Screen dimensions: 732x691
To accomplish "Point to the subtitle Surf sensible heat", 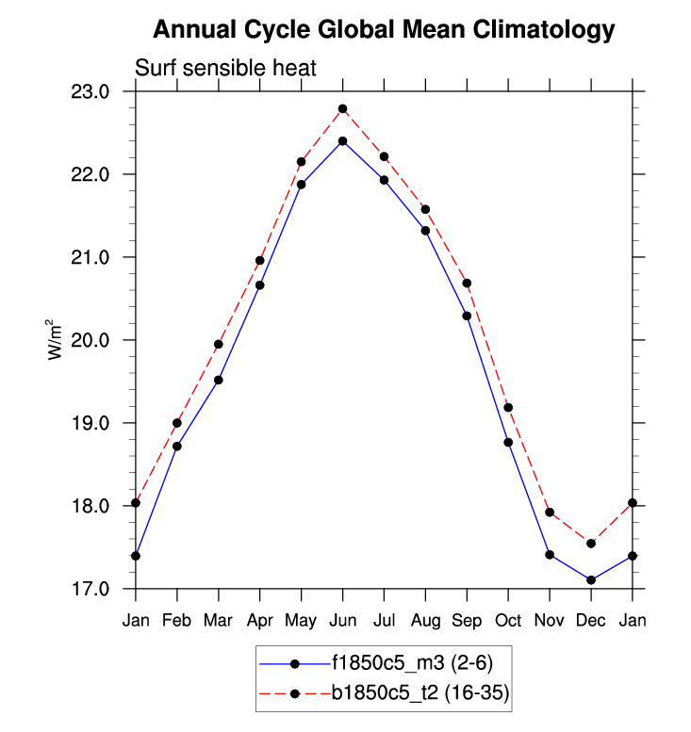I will pyautogui.click(x=225, y=68).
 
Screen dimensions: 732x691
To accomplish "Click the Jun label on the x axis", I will pyautogui.click(x=342, y=620).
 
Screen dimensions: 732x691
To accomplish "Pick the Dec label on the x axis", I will pyautogui.click(x=591, y=620).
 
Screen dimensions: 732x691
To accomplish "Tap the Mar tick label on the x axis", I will pyautogui.click(x=219, y=620).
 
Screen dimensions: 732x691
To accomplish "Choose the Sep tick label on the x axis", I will pyautogui.click(x=467, y=620).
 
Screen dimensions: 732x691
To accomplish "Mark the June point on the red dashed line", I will pyautogui.click(x=343, y=109).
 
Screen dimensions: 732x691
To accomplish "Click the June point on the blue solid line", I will pyautogui.click(x=343, y=141).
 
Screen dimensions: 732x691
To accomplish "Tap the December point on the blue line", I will pyautogui.click(x=591, y=580).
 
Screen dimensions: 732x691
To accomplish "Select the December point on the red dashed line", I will pyautogui.click(x=591, y=544).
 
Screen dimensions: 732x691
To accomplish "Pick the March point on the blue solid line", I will pyautogui.click(x=219, y=380).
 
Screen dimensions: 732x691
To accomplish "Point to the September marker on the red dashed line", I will pyautogui.click(x=467, y=284).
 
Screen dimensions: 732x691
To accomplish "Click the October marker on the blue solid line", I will pyautogui.click(x=508, y=442).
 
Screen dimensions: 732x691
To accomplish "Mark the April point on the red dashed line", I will pyautogui.click(x=260, y=261).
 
